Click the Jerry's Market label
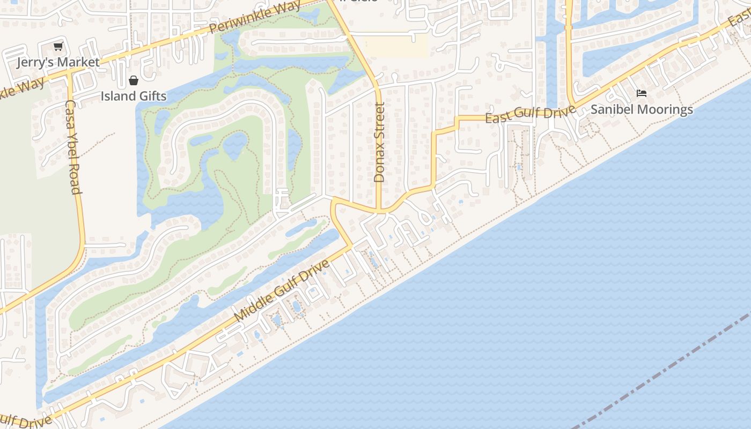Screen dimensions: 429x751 58,62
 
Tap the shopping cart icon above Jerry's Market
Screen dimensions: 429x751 58,47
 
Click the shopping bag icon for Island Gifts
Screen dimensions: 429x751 133,81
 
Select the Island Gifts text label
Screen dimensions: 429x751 134,96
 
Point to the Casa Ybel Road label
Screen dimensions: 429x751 73,147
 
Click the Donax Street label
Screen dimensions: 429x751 379,142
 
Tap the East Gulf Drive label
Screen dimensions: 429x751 530,114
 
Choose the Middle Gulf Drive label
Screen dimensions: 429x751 282,291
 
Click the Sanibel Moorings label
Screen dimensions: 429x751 642,109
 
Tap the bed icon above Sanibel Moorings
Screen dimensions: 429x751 641,93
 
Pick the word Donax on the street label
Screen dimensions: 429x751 379,163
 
